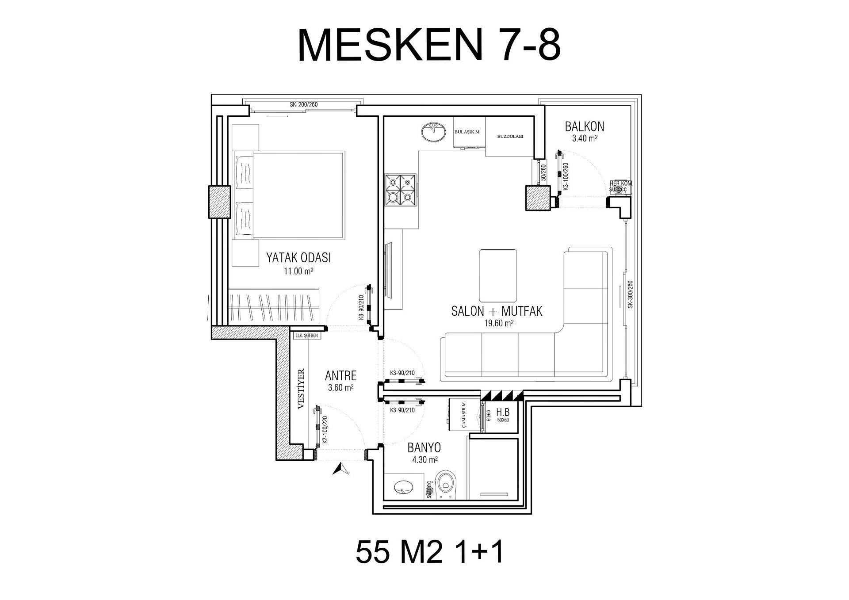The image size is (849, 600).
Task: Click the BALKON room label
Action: (x=584, y=126)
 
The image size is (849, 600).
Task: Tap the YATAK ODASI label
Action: (x=298, y=258)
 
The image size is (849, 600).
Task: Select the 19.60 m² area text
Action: (x=499, y=323)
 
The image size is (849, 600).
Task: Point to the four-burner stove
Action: (x=401, y=190)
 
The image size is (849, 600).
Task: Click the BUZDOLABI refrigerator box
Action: (x=510, y=137)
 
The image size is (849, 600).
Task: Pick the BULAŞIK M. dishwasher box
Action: (x=469, y=132)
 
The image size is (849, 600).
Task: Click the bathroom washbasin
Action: (x=404, y=487)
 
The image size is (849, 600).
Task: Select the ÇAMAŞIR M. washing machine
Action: (x=463, y=414)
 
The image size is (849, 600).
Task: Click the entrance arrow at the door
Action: (x=340, y=469)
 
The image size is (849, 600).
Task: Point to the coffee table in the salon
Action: (x=498, y=275)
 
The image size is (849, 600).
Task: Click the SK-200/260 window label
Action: (x=304, y=105)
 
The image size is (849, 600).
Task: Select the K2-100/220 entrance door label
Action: (x=325, y=430)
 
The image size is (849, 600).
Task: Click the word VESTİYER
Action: (x=302, y=389)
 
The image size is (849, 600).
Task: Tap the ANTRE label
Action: (x=340, y=376)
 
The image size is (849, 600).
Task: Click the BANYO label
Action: (x=424, y=448)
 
